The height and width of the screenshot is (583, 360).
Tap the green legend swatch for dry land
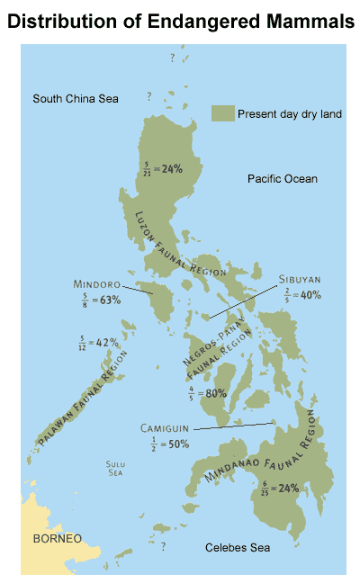[222, 112]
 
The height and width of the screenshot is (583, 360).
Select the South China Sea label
[76, 98]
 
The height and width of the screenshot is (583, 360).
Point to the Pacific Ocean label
[283, 179]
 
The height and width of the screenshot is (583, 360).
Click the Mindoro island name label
[98, 284]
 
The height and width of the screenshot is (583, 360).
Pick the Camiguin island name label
[166, 428]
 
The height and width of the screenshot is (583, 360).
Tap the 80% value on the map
[213, 392]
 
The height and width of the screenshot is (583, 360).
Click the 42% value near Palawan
[107, 343]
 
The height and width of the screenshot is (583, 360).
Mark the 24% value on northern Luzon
[171, 167]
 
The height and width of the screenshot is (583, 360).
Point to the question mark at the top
[171, 58]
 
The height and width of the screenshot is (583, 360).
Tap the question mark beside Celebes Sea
[163, 545]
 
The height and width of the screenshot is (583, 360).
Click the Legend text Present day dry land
[282, 113]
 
